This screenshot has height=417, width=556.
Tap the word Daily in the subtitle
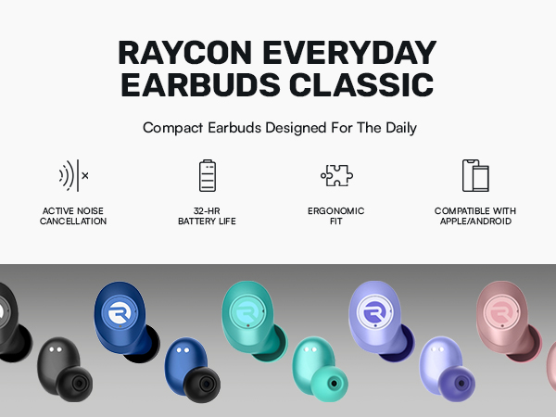pyautogui.click(x=396, y=128)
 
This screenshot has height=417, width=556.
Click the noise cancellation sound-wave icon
pyautogui.click(x=73, y=174)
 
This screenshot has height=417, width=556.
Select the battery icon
pyautogui.click(x=207, y=175)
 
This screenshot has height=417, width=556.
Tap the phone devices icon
pyautogui.click(x=474, y=175)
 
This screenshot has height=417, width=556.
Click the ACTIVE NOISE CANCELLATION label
pyautogui.click(x=73, y=216)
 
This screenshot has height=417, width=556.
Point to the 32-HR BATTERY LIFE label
pyautogui.click(x=208, y=216)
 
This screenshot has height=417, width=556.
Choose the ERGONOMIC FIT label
pyautogui.click(x=335, y=216)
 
